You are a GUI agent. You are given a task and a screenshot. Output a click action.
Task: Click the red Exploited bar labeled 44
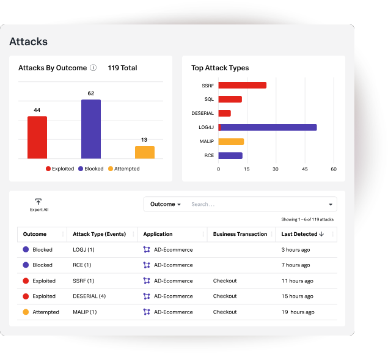(x=37, y=138)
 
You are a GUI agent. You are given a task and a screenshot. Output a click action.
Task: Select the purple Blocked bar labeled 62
(x=91, y=129)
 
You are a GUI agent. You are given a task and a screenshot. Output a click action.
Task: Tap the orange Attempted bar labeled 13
(x=145, y=152)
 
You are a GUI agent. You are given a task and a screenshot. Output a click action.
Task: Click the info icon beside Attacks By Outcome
(x=93, y=68)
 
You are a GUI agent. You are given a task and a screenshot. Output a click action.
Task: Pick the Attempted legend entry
(x=123, y=169)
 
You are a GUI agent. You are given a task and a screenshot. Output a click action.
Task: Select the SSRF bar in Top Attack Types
(x=242, y=85)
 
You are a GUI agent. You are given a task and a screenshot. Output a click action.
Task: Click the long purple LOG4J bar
(x=269, y=127)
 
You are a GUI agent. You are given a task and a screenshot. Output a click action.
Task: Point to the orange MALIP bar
(x=231, y=141)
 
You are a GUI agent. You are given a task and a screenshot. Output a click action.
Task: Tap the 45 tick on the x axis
(x=305, y=169)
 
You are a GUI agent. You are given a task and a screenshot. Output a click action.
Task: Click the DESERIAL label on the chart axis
(x=202, y=114)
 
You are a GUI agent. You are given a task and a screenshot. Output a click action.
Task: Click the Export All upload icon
(x=38, y=202)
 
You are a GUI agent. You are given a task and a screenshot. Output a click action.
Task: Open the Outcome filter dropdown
(x=166, y=204)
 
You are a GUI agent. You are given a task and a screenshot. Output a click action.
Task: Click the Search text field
(x=257, y=204)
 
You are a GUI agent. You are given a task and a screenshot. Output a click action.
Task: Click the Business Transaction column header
(x=240, y=234)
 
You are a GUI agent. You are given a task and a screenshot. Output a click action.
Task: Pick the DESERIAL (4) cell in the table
(x=89, y=296)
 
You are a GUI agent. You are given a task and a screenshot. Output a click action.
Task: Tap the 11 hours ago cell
(x=297, y=281)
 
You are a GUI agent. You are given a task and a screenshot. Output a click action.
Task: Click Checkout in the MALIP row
(x=225, y=312)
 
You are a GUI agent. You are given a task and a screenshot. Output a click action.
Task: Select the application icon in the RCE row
(x=147, y=265)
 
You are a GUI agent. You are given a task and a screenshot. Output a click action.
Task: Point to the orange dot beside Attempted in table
(x=26, y=312)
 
